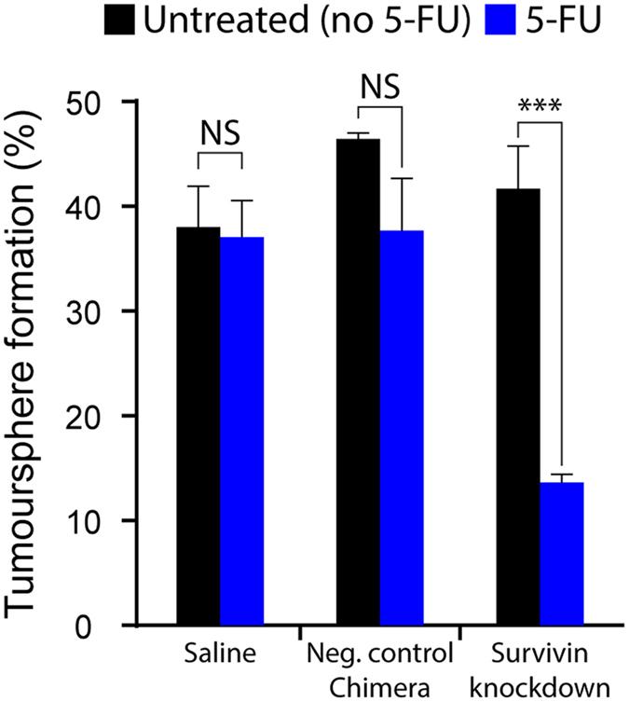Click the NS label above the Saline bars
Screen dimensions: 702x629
(x=220, y=135)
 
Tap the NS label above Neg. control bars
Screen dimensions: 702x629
(x=380, y=88)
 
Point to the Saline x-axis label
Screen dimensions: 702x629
(x=221, y=654)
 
